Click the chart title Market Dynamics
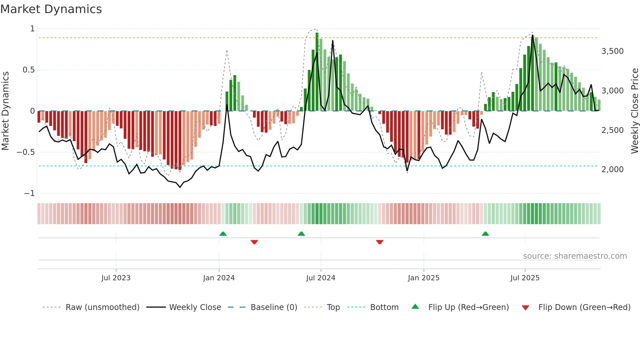click(51, 9)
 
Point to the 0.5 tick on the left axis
click(28, 70)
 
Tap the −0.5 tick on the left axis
click(26, 152)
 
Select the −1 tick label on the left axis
click(29, 193)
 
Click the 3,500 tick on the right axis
click(612, 51)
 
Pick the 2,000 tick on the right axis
click(612, 170)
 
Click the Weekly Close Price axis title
click(634, 111)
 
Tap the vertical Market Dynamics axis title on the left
click(5, 111)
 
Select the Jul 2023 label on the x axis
click(116, 278)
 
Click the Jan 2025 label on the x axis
click(423, 278)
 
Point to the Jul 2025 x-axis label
click(525, 278)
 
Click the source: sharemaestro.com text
click(575, 256)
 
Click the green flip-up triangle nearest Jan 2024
click(223, 234)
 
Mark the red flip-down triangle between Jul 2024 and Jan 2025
click(379, 242)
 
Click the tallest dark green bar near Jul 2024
click(317, 72)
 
